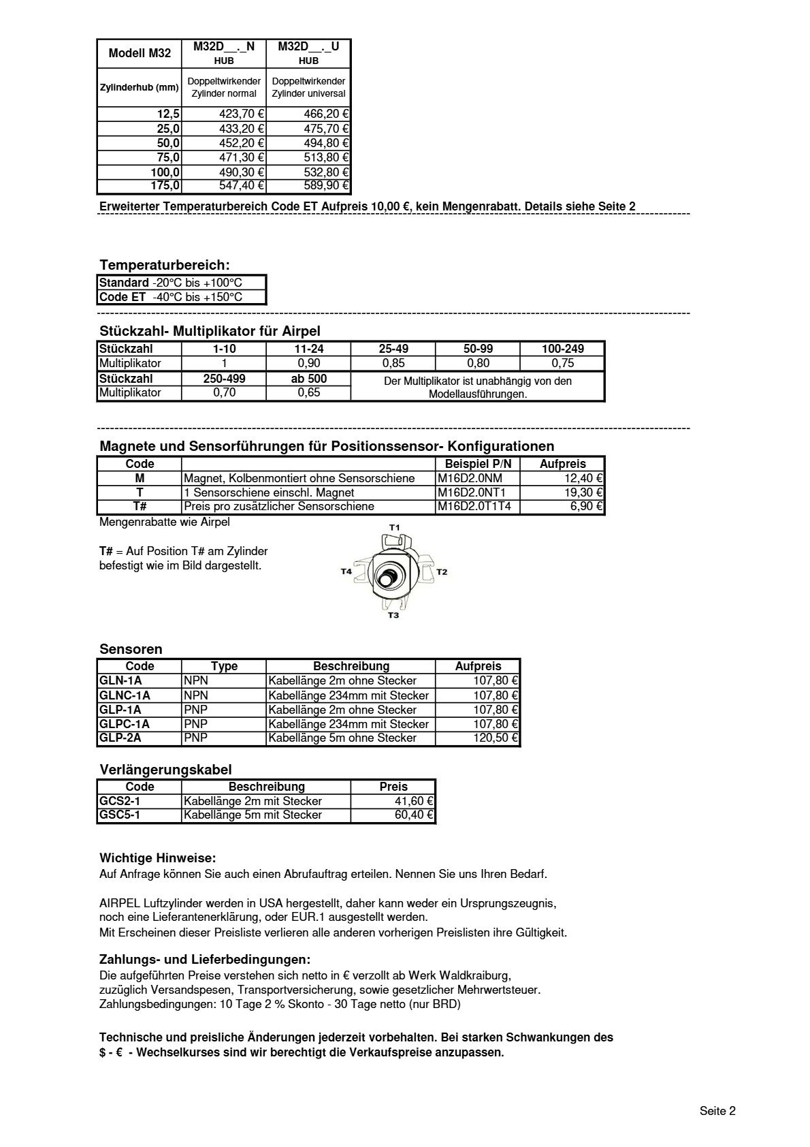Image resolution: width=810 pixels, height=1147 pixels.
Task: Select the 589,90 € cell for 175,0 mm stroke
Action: click(x=326, y=186)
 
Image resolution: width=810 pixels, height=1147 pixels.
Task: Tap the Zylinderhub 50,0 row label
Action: click(x=167, y=143)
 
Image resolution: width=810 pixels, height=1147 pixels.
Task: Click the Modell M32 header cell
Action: click(x=140, y=53)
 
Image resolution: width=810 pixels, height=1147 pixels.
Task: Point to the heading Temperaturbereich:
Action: click(x=164, y=265)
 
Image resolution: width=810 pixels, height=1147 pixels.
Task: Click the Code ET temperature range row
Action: click(x=171, y=297)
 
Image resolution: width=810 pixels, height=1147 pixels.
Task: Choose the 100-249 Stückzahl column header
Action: click(x=562, y=349)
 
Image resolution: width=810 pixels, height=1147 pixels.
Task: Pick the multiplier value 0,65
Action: click(x=308, y=393)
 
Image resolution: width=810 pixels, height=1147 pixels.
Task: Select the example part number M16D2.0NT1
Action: click(x=471, y=492)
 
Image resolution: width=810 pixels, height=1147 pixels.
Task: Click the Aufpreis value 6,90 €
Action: click(x=586, y=506)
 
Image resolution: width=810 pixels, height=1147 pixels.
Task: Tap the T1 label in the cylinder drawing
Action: click(x=394, y=527)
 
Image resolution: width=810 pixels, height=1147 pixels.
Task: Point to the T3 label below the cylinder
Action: click(x=393, y=616)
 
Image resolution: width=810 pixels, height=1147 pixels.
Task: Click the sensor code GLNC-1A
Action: click(x=125, y=695)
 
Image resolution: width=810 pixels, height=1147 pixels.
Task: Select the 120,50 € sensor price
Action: click(x=496, y=738)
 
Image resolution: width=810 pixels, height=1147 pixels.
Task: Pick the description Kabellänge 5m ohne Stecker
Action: click(x=342, y=738)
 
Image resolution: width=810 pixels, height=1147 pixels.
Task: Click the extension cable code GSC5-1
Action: click(x=120, y=815)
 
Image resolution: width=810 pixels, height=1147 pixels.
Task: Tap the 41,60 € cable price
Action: click(x=414, y=801)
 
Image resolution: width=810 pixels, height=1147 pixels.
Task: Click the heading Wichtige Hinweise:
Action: click(x=157, y=858)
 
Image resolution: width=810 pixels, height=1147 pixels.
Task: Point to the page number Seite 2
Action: click(x=717, y=1111)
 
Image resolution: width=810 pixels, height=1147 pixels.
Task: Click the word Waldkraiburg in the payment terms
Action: click(x=475, y=975)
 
